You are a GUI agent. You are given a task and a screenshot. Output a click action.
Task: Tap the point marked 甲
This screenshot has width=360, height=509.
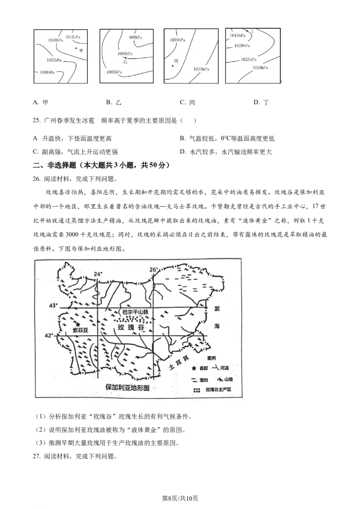(x=76, y=48)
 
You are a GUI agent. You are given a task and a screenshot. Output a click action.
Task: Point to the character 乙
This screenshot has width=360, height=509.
(x=125, y=62)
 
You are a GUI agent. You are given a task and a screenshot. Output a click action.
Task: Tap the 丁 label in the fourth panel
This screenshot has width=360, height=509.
(x=252, y=32)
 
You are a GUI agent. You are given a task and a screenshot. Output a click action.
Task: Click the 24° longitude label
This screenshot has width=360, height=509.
(x=98, y=274)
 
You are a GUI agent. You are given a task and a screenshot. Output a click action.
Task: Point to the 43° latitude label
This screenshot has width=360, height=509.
(x=54, y=306)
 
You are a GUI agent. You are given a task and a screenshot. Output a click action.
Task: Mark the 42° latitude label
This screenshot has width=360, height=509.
(x=54, y=335)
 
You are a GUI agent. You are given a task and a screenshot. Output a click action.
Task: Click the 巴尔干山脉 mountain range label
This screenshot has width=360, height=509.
(x=135, y=312)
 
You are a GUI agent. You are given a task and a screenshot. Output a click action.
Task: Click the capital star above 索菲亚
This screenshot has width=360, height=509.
(x=78, y=324)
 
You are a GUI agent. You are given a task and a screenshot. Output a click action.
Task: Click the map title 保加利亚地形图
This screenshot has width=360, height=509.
(x=127, y=387)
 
